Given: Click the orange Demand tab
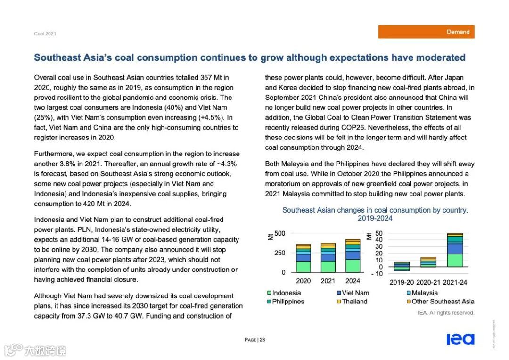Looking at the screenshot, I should click(426, 32).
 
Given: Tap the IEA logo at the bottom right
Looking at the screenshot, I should click(460, 339).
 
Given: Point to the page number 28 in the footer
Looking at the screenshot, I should click(262, 340).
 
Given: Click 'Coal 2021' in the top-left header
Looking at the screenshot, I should click(45, 33).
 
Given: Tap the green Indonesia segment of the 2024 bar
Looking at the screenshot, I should click(353, 266).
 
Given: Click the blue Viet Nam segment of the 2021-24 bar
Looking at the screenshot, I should click(455, 248).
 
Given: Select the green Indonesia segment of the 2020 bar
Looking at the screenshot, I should click(304, 267).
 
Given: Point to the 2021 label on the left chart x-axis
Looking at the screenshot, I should click(328, 281).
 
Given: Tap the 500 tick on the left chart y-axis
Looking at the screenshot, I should click(279, 233).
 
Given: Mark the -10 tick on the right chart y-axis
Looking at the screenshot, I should click(378, 273).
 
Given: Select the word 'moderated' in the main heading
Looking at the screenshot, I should click(440, 58).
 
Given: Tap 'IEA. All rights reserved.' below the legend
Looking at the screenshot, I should click(446, 313).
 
